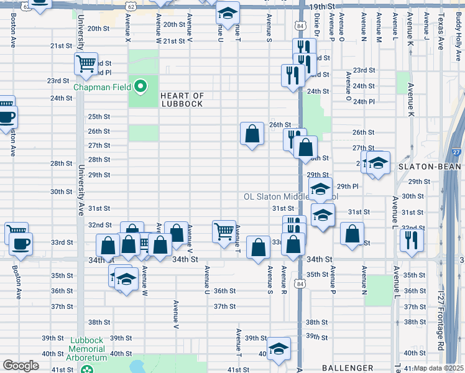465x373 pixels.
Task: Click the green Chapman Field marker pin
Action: coord(141,86)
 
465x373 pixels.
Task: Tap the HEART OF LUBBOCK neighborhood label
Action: coord(182,99)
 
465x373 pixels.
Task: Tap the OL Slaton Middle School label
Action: coord(289,196)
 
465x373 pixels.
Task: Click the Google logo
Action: coord(21,366)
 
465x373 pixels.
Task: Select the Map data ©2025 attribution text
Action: coord(438,368)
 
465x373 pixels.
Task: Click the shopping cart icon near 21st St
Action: coord(86,63)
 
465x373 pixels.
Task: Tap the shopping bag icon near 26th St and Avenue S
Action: coord(252,134)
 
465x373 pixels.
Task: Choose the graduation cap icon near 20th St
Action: coord(228,12)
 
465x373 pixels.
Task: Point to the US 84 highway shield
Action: coord(300,26)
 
